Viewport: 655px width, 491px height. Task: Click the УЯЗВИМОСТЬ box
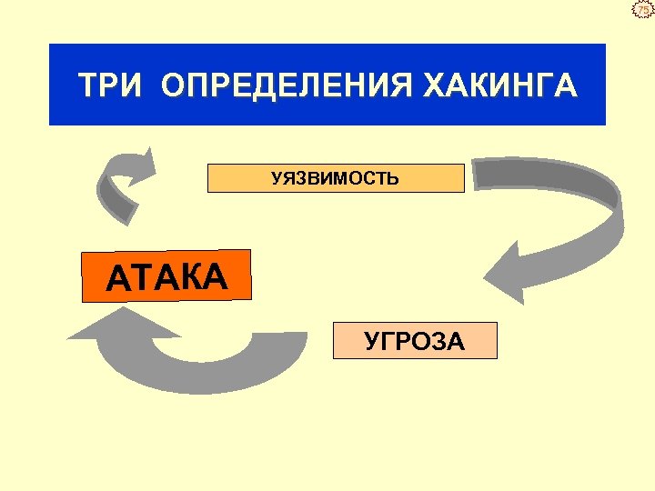336,178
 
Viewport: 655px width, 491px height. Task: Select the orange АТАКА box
166,276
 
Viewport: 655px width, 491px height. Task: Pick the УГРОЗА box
415,341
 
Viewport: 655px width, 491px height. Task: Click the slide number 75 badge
643,10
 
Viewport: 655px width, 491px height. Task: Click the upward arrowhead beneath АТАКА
99,323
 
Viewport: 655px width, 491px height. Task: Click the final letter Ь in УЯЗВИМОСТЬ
393,178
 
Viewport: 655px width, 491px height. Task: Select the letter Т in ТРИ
87,86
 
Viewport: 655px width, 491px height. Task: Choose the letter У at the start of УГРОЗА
371,342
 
